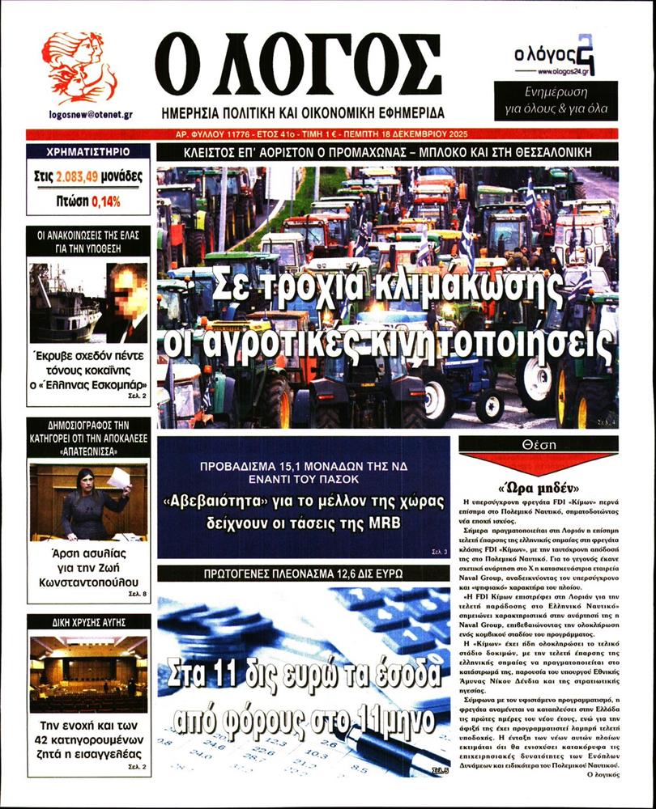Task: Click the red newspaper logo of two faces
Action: (79, 68)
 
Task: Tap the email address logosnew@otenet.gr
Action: (79, 115)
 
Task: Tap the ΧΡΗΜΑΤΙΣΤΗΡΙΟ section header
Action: (87, 152)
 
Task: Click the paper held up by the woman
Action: (119, 477)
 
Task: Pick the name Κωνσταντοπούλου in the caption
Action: (87, 582)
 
